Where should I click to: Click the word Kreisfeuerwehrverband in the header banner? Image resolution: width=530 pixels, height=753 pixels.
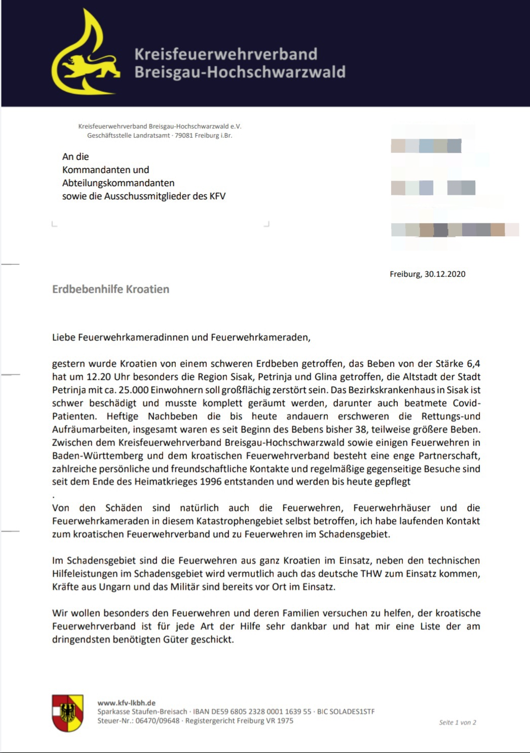225,54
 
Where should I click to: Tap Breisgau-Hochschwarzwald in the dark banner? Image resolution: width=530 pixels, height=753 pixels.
240,72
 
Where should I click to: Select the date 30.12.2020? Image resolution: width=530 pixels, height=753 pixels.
445,274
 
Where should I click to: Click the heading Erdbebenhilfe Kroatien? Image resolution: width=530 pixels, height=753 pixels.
110,289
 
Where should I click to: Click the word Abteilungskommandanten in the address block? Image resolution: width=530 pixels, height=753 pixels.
118,183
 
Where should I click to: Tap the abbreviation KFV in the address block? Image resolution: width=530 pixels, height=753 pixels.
217,196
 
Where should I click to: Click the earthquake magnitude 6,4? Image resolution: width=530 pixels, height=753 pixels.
473,364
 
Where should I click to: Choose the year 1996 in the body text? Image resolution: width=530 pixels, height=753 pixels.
211,482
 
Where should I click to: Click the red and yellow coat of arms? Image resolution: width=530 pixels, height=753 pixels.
67,713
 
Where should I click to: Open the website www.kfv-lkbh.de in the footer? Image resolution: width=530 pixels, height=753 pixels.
126,703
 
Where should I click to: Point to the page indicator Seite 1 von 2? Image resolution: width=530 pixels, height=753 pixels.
458,723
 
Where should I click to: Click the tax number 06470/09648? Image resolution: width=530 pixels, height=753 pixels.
157,721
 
